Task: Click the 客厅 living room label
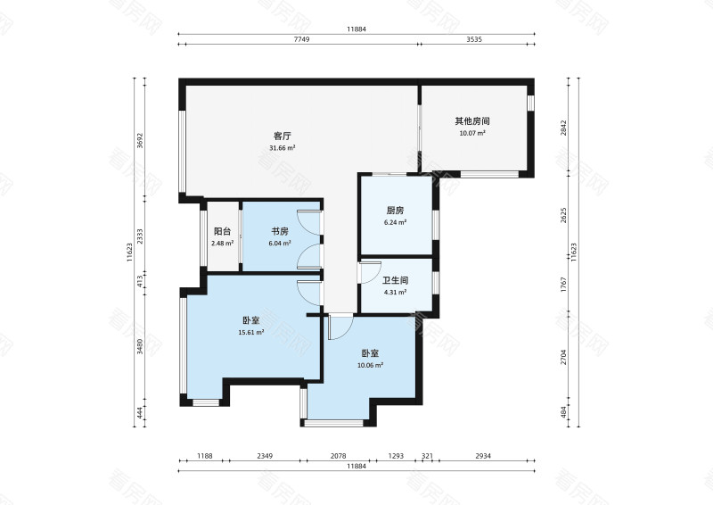pos(283,136)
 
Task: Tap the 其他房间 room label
pos(472,121)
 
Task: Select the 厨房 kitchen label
pos(395,211)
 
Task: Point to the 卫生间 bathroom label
pos(395,280)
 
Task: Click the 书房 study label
pos(280,231)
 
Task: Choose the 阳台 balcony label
pos(222,231)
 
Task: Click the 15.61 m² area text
pos(251,333)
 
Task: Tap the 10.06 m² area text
pos(370,365)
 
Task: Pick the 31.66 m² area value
pos(283,147)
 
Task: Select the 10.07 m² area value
pos(472,133)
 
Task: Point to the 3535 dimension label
pos(474,39)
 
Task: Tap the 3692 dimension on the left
pos(140,140)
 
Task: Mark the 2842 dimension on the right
pos(564,128)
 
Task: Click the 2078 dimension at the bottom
pos(338,456)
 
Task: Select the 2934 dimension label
pos(483,456)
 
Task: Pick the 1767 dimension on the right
pos(564,285)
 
